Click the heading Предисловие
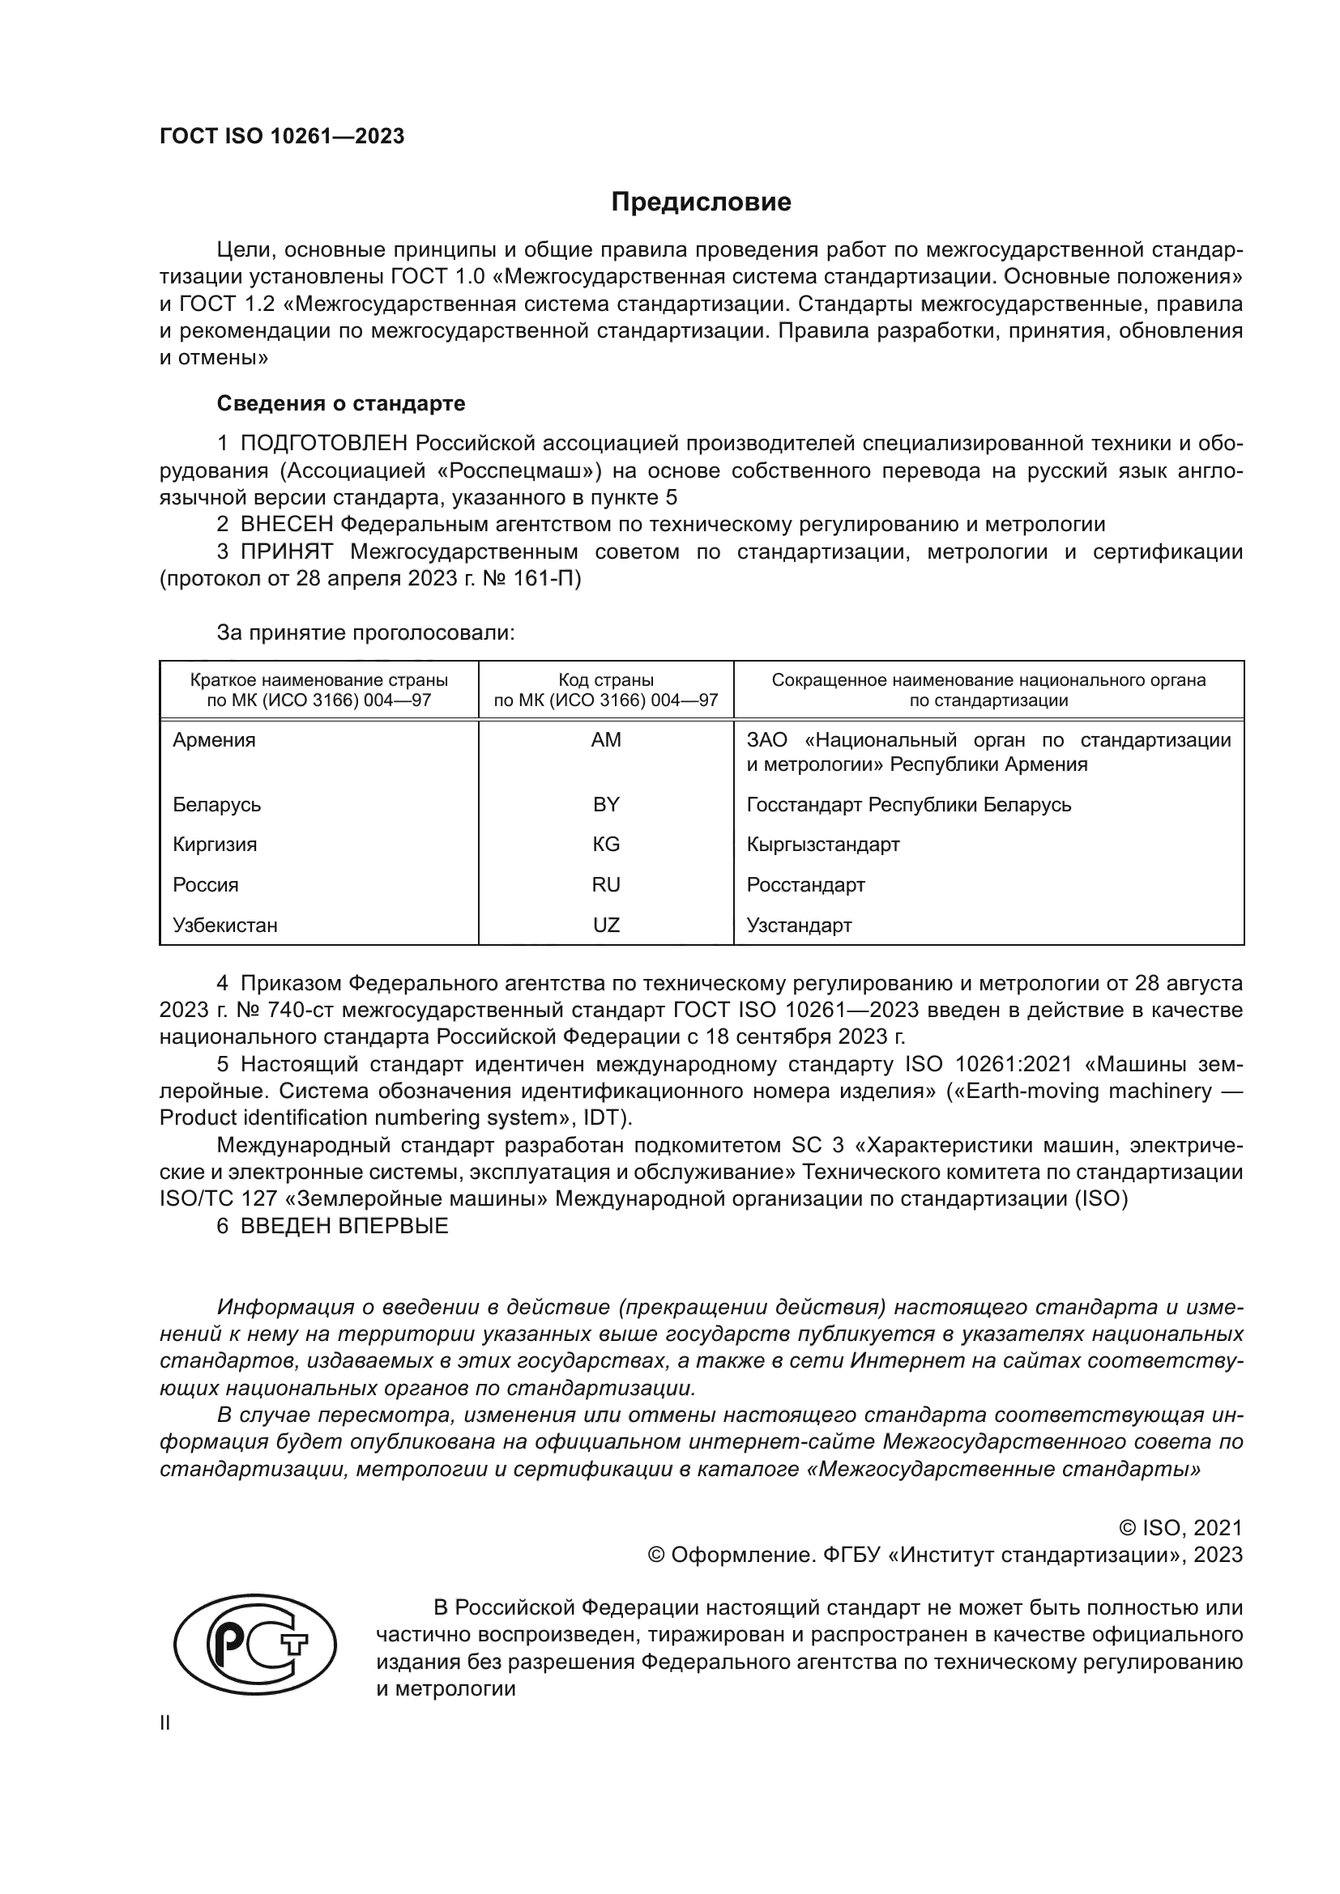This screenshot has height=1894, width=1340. point(701,202)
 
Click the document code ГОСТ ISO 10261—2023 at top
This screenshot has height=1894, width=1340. point(281,137)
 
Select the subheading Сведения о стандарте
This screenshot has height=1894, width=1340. point(341,403)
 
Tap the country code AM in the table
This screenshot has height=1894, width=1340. point(606,740)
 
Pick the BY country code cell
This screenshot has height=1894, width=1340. point(606,804)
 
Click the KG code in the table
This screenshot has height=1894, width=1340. point(606,844)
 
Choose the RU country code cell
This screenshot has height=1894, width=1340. point(606,884)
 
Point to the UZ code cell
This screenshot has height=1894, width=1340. point(606,925)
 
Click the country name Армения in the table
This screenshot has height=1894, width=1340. point(214,740)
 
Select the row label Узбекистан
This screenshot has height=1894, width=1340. point(224,925)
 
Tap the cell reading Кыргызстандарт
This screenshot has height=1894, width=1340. point(822,844)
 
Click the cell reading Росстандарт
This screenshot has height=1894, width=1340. point(805,884)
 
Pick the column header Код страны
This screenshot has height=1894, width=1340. point(606,679)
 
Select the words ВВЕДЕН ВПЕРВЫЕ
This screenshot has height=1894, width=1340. point(344,1226)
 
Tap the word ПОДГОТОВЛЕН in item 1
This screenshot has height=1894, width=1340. point(323,443)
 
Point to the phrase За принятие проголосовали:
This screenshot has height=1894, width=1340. point(365,632)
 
